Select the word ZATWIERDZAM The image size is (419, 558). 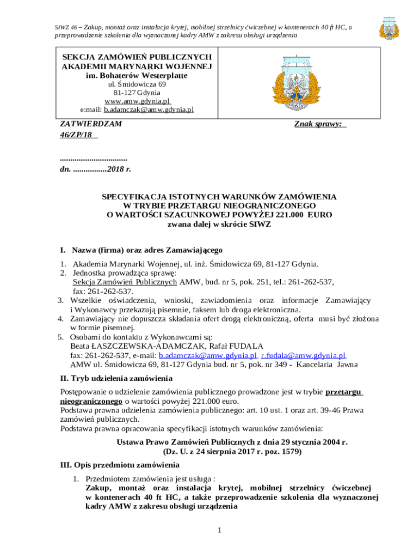coord(91,124)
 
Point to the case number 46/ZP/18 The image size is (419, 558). coord(76,135)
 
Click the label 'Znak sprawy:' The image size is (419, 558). coord(319,124)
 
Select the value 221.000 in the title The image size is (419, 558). coord(278,215)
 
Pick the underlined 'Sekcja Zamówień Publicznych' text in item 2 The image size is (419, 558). coord(125,282)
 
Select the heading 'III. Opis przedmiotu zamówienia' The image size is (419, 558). coord(119,465)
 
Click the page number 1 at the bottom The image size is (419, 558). coord(218,530)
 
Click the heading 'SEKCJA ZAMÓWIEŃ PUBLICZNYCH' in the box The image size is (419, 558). coord(137,57)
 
